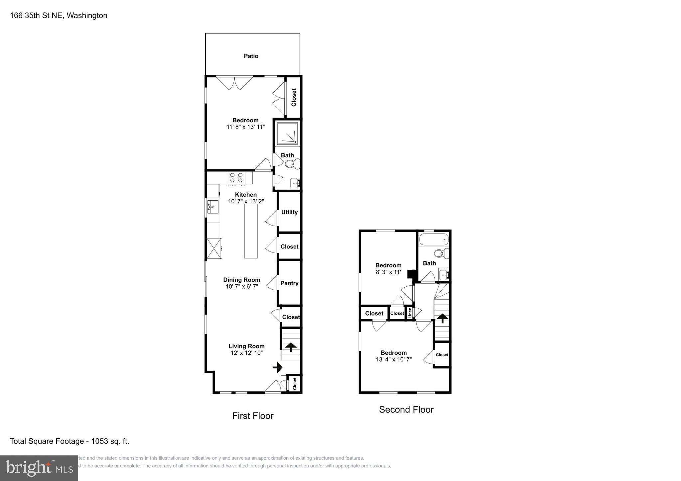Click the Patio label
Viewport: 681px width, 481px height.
tap(251, 56)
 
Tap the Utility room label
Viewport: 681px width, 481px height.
tap(289, 212)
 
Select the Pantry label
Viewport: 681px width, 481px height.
tap(289, 283)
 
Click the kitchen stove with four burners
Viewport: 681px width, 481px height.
tap(236, 177)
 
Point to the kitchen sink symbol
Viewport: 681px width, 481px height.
tap(213, 207)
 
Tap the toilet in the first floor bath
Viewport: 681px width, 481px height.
tap(292, 164)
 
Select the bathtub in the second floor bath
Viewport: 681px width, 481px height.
tap(434, 239)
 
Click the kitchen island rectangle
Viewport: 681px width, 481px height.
tap(251, 231)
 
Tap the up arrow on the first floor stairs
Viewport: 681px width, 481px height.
tap(291, 347)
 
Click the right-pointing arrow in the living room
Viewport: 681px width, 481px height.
tap(277, 367)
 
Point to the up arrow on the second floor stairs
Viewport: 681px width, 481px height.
tap(442, 319)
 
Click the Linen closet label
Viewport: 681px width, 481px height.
tap(410, 313)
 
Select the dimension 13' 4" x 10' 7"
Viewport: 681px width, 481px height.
tap(394, 359)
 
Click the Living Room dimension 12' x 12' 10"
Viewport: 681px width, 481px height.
tap(246, 353)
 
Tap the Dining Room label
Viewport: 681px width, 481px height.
tap(241, 280)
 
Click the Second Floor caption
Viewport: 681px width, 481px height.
tap(406, 410)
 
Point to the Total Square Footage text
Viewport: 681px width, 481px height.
tap(69, 441)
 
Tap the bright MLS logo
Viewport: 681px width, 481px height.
tap(39, 468)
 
